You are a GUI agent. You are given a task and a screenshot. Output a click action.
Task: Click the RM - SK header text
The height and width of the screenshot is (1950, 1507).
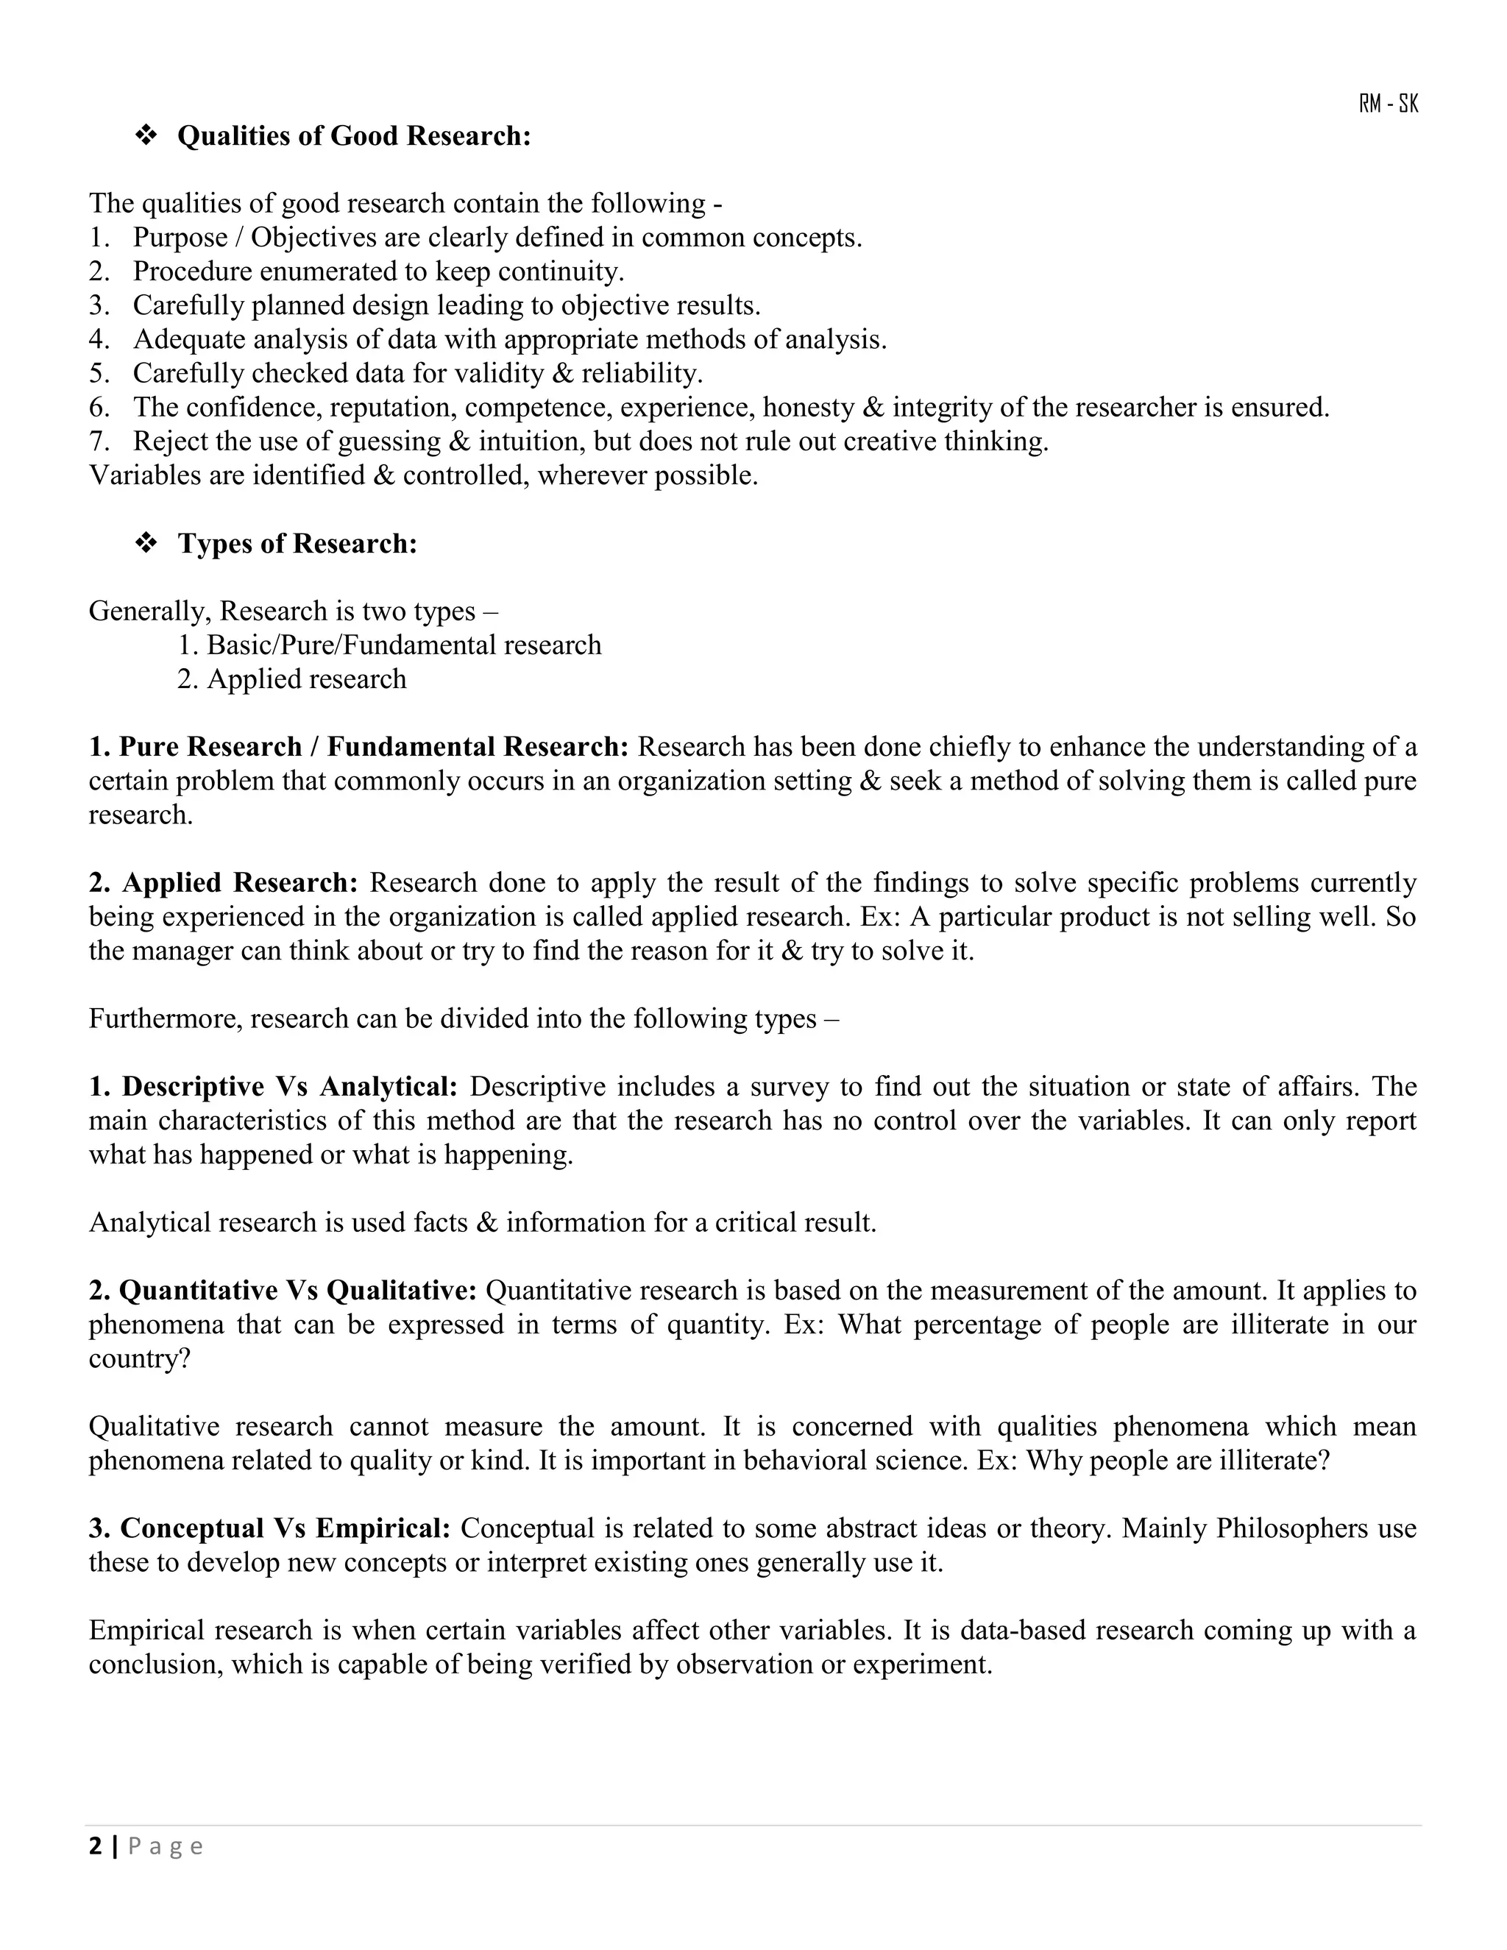point(1389,104)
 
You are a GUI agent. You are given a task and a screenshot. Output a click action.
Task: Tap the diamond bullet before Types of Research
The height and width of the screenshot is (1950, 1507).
point(146,543)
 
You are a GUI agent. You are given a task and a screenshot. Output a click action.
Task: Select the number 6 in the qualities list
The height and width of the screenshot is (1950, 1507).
point(97,408)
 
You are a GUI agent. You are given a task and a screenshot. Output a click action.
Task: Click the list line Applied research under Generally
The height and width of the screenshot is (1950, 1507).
point(291,679)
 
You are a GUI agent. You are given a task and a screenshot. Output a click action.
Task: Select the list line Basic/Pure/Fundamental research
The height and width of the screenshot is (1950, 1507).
point(389,645)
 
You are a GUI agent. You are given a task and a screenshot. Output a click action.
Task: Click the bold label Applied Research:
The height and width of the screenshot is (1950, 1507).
point(223,883)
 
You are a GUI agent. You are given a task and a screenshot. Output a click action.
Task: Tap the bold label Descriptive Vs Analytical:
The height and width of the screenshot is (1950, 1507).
point(273,1088)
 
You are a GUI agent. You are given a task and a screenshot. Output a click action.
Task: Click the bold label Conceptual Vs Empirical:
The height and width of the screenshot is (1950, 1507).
point(269,1528)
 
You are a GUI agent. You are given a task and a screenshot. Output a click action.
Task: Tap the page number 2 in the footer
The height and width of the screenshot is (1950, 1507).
point(96,1846)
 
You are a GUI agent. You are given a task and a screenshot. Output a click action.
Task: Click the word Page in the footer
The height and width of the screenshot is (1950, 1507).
point(166,1846)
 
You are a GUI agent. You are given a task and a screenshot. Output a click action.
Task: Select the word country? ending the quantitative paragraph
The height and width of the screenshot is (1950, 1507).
point(139,1359)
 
